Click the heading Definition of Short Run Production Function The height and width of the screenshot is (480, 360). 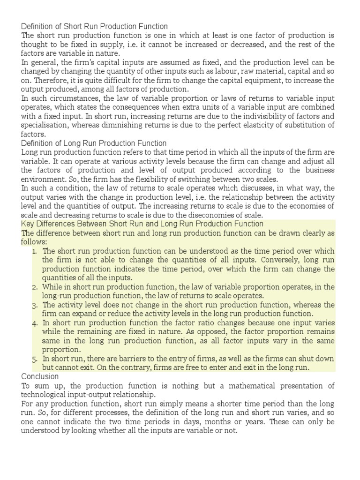pos(94,26)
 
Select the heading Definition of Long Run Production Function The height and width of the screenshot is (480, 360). pos(94,143)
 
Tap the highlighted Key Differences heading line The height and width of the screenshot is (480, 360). pos(142,224)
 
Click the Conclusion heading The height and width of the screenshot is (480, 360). pos(40,376)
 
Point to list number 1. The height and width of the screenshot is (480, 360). pos(35,251)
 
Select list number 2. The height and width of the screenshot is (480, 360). pos(35,287)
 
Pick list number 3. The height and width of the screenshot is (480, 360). pos(35,305)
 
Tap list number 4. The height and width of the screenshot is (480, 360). pos(35,323)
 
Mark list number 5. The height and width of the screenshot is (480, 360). pos(35,359)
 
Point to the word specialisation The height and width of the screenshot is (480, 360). pos(45,125)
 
